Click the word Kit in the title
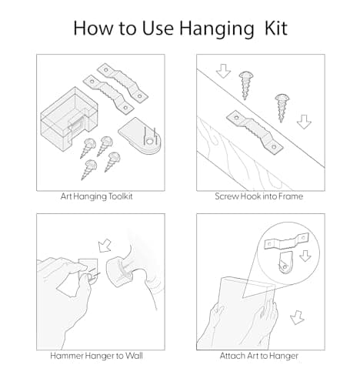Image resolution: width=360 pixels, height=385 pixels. [x=276, y=28]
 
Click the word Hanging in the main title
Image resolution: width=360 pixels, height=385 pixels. [x=217, y=28]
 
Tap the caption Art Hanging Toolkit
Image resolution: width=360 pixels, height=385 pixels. [x=97, y=196]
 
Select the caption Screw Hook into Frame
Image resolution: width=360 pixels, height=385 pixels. [x=259, y=196]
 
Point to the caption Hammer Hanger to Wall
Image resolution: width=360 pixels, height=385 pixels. [x=96, y=356]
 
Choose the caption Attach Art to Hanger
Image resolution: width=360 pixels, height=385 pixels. [x=259, y=356]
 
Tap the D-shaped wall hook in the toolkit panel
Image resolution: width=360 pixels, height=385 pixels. [x=141, y=136]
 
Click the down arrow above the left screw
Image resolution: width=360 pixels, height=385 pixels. [x=223, y=71]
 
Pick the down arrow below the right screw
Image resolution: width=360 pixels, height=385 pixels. [x=304, y=122]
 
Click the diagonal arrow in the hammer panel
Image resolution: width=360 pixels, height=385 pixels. [x=105, y=246]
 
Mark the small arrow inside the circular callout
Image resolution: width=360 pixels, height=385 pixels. [x=305, y=256]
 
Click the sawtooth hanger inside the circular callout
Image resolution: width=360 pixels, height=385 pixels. [x=286, y=242]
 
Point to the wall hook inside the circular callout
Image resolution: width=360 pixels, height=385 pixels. [x=285, y=263]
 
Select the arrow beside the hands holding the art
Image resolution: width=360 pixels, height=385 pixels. [x=297, y=317]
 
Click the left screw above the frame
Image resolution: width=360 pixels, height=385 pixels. [x=245, y=85]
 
